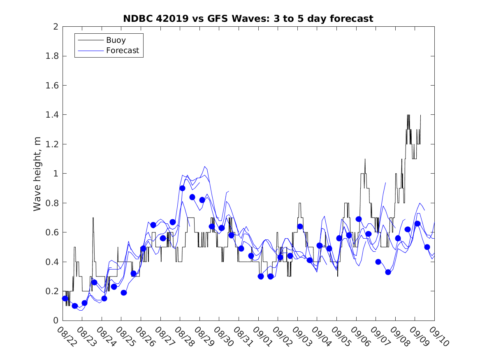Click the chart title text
[248, 19]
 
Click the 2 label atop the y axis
[55, 27]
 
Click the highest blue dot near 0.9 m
[182, 188]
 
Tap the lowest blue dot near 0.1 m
[75, 306]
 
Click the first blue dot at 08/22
[65, 298]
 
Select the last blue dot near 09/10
[427, 247]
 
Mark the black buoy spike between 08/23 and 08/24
[93, 218]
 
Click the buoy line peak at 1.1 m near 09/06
[365, 159]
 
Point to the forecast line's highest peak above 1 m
[205, 167]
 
